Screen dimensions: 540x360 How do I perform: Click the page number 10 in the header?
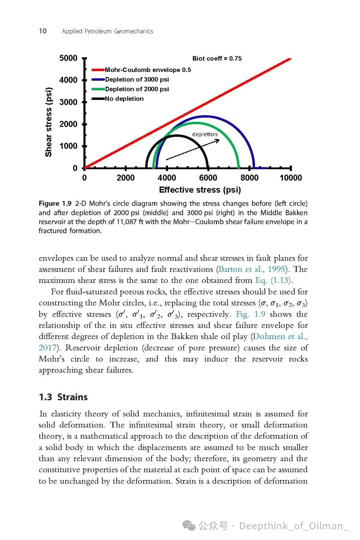tap(43, 31)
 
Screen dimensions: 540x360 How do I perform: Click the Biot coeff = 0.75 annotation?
tap(217, 58)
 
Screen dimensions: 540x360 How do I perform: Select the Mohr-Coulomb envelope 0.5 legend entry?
tap(148, 70)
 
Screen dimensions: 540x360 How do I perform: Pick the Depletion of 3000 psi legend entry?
tap(137, 79)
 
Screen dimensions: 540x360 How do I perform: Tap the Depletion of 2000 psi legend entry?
tap(137, 89)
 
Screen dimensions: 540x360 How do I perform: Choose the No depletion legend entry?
tap(124, 99)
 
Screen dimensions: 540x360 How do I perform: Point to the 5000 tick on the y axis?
tap(68, 58)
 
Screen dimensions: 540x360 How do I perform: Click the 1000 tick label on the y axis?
tap(68, 146)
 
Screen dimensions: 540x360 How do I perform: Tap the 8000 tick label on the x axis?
tap(249, 178)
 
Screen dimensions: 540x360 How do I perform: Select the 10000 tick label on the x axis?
tap(291, 178)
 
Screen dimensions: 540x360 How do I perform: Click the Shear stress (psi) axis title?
tap(49, 122)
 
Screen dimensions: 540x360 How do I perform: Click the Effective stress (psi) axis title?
tap(200, 190)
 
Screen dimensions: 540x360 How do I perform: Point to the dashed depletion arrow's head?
tap(218, 140)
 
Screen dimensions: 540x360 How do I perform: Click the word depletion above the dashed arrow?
tap(205, 134)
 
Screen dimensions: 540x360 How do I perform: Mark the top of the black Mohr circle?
tap(177, 135)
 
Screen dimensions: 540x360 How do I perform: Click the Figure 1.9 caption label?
tap(55, 203)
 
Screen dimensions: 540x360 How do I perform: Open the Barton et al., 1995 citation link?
tap(252, 269)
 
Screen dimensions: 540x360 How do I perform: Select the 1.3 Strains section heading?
tap(63, 397)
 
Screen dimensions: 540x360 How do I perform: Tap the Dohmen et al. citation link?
tap(280, 336)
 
